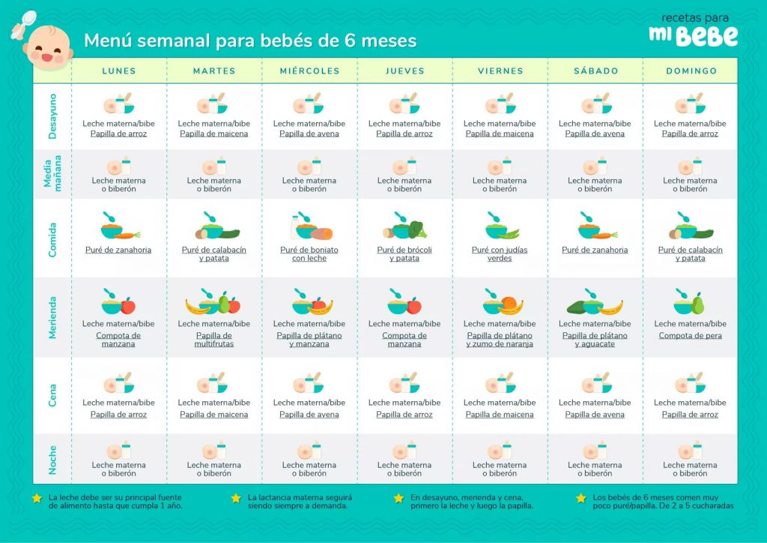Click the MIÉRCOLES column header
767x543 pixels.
click(309, 71)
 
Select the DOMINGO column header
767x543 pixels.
click(691, 71)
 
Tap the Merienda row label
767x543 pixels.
click(52, 317)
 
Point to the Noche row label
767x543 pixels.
click(52, 459)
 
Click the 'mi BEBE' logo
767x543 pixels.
click(693, 30)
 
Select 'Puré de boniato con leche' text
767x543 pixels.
click(309, 254)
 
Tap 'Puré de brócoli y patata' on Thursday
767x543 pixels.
click(404, 254)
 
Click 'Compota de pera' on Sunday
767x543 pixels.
click(691, 336)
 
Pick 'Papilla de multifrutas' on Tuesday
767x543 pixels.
click(214, 340)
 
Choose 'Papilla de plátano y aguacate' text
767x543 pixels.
click(595, 340)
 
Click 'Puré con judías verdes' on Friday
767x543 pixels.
click(500, 254)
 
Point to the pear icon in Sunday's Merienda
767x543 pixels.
click(698, 304)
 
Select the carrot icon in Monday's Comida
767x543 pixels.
click(128, 234)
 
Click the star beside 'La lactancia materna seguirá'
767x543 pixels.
click(236, 498)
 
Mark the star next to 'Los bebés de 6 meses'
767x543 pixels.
click(580, 498)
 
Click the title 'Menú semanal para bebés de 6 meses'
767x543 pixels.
click(250, 40)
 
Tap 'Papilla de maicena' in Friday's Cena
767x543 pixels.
click(500, 415)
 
